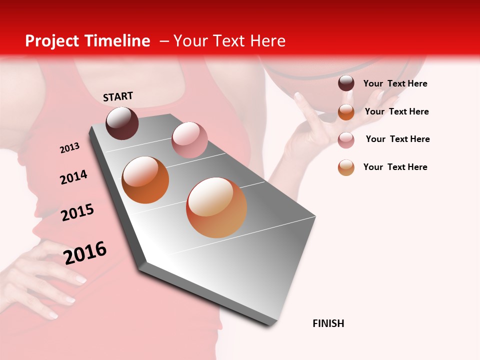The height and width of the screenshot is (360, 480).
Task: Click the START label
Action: [118, 96]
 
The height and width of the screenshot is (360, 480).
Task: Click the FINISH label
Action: [328, 323]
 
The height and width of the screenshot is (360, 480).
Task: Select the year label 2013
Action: [69, 148]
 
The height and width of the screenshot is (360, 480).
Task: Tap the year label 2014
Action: [73, 177]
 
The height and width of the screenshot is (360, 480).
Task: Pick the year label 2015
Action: [77, 212]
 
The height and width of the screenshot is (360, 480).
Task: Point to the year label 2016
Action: [85, 253]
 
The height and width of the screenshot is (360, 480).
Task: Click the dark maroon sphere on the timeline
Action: [122, 123]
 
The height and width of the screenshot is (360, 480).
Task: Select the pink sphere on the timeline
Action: [189, 140]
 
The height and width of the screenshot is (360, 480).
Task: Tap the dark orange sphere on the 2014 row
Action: [145, 179]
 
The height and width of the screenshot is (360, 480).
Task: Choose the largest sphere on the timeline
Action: [216, 207]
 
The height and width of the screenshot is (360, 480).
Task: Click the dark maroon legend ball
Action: [346, 83]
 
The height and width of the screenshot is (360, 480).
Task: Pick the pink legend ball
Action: [346, 140]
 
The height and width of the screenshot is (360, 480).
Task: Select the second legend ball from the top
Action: [346, 112]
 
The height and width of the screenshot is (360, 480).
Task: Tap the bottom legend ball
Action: [346, 167]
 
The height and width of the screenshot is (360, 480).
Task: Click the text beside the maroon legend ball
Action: [395, 83]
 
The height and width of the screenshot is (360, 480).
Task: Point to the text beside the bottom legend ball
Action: [395, 167]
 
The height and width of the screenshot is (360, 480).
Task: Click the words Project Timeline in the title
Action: [87, 41]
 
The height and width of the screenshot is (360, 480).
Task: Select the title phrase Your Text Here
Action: [229, 41]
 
